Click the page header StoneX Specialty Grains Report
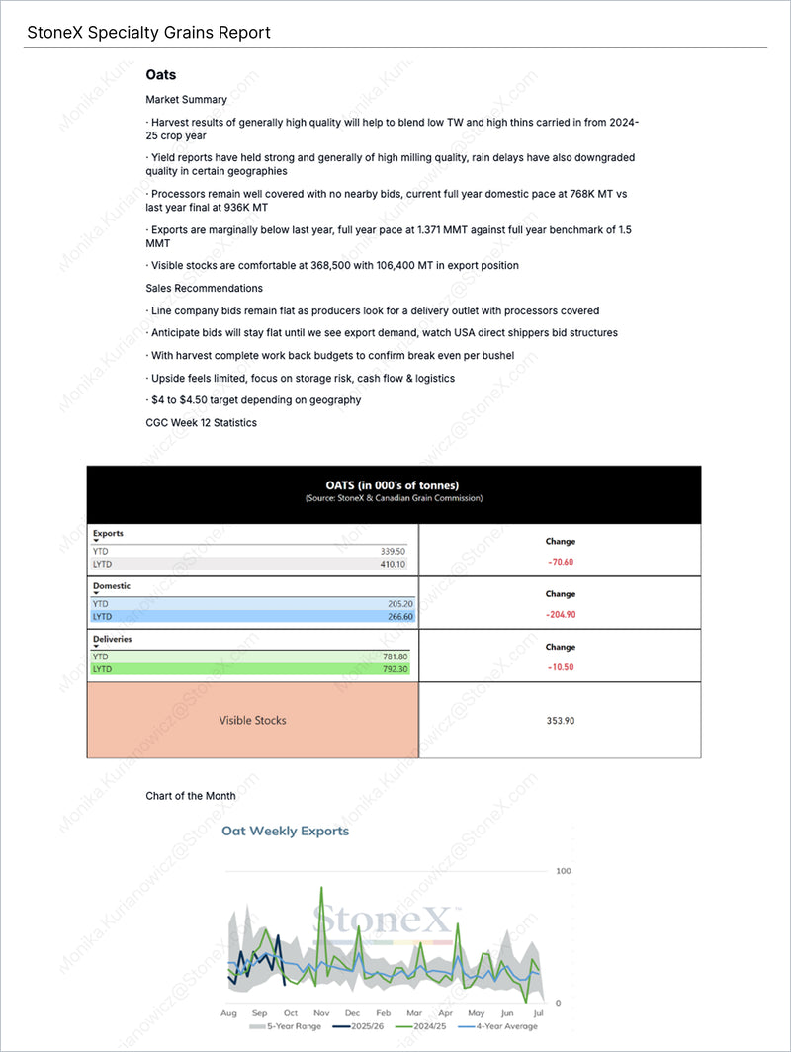[148, 33]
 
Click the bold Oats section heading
[160, 74]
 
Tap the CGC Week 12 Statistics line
[201, 422]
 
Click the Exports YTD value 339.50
[394, 551]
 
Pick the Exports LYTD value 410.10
[394, 564]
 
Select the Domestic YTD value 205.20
[394, 603]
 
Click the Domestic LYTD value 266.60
[394, 616]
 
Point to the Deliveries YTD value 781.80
[394, 657]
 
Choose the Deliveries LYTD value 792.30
[394, 669]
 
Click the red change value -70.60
[560, 561]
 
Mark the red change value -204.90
[560, 614]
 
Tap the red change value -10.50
[560, 666]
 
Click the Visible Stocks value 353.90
[560, 721]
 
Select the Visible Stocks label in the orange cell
[252, 721]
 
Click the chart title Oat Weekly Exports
[285, 832]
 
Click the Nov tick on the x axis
[321, 1013]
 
